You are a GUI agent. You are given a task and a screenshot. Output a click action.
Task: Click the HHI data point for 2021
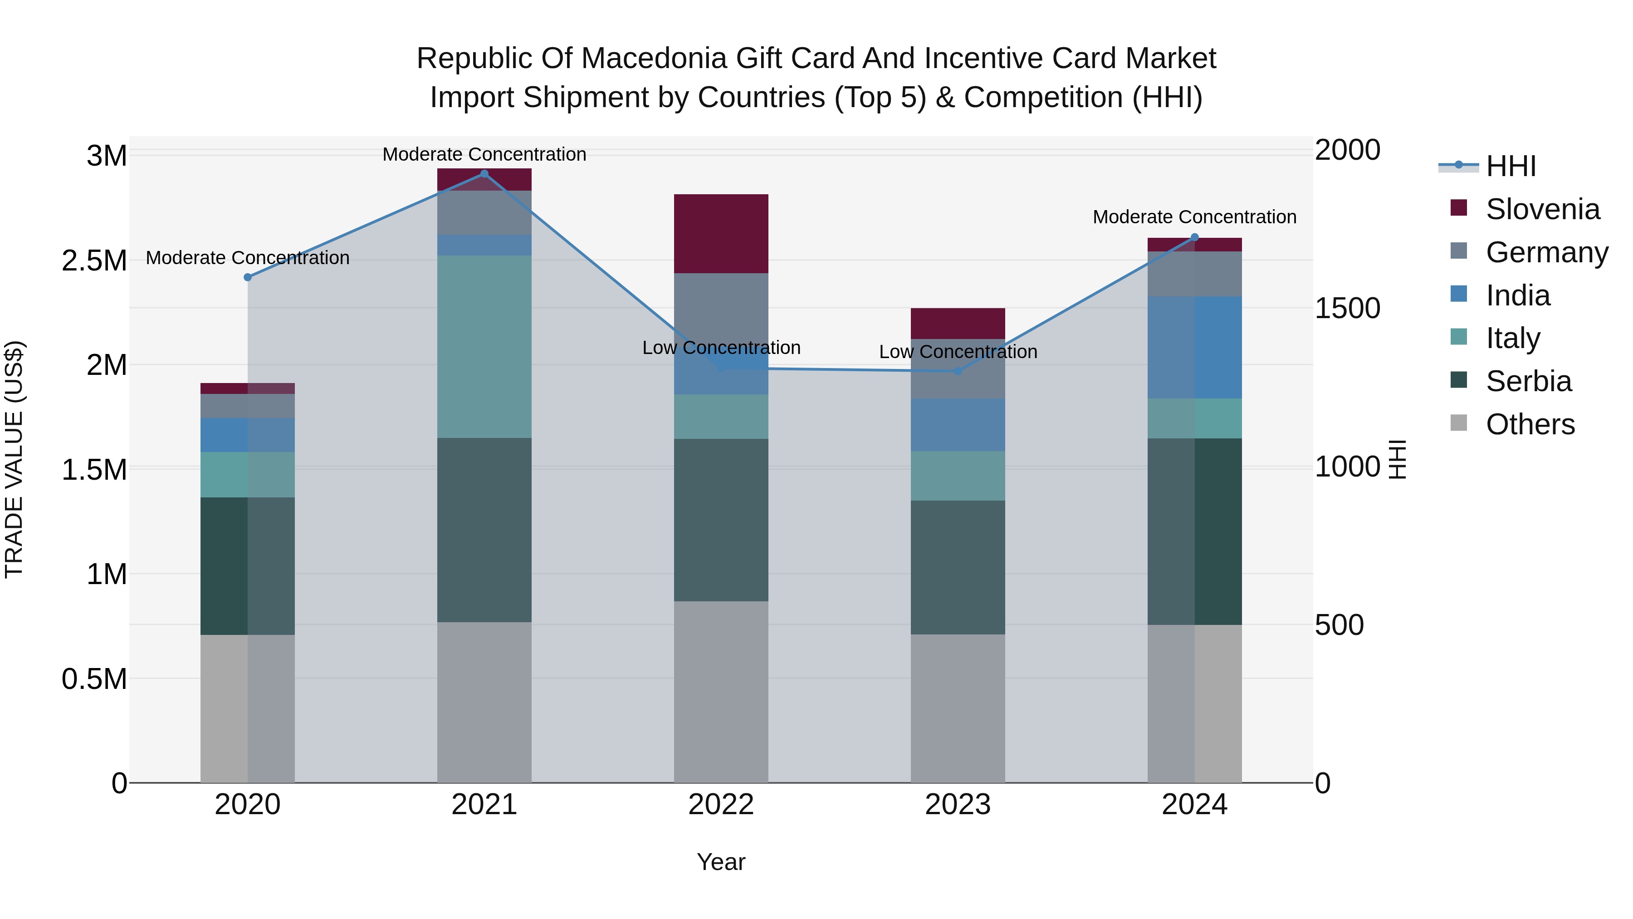tap(484, 174)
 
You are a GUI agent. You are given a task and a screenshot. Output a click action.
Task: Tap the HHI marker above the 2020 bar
tap(248, 277)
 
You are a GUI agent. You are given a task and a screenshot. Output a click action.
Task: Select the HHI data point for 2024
tap(1194, 238)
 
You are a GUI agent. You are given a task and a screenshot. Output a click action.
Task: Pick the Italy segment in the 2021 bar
tap(484, 346)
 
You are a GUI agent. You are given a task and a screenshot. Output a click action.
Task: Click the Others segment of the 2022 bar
tap(721, 691)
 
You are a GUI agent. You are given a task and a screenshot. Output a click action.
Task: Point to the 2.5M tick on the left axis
tap(94, 260)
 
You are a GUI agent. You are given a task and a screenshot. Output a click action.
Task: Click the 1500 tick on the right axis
tap(1347, 308)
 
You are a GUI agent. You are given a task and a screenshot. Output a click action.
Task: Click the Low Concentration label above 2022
tap(721, 348)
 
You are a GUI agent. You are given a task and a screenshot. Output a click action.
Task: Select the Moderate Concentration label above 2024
tap(1194, 217)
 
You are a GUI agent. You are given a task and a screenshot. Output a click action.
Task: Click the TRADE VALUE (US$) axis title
tap(14, 459)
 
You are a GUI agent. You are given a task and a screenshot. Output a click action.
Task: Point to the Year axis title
tap(721, 862)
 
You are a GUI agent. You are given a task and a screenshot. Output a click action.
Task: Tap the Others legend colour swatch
tap(1459, 423)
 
